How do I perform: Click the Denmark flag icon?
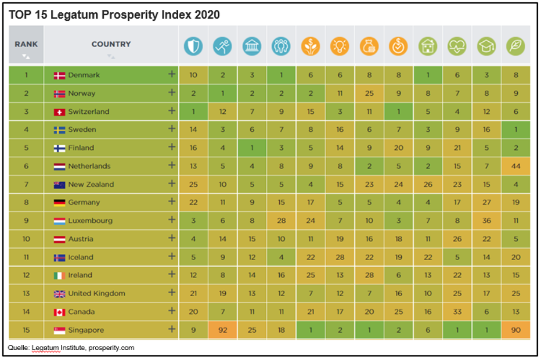click(59, 75)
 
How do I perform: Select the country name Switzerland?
click(88, 111)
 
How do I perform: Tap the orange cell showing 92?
click(223, 330)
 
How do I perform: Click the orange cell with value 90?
click(515, 330)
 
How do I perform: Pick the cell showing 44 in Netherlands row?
click(515, 166)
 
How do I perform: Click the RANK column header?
click(26, 44)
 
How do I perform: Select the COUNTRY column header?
click(111, 44)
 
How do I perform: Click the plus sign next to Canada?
click(171, 311)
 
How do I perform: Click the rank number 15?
click(26, 330)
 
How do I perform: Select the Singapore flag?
click(59, 330)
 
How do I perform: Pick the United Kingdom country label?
click(96, 293)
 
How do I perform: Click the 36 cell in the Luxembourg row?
click(486, 221)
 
